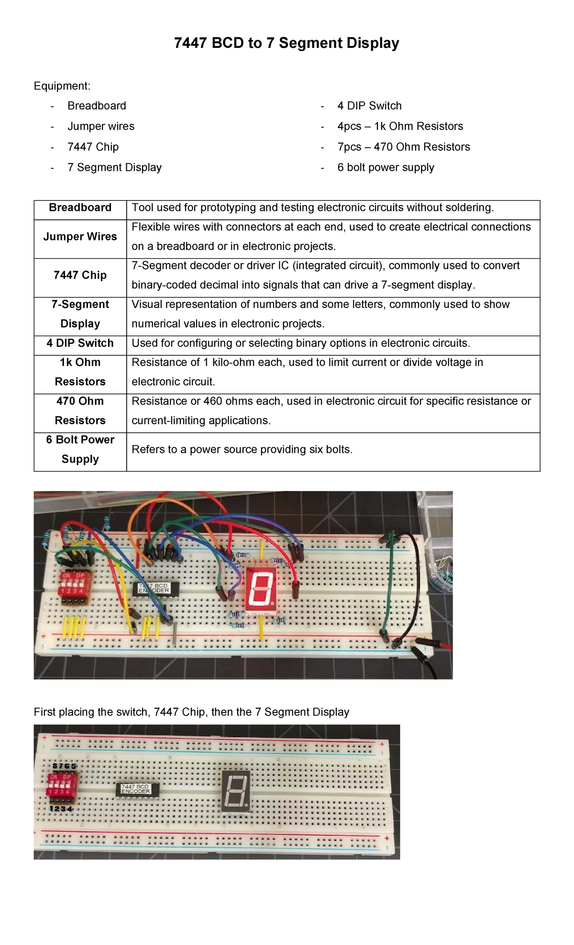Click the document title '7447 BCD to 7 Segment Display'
286,43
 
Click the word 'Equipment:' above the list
62,86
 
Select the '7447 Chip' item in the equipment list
93,147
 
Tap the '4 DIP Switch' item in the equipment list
369,106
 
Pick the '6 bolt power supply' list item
386,167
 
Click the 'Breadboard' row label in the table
80,208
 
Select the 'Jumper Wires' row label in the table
80,237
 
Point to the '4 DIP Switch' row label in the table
80,343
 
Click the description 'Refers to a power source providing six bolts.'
242,450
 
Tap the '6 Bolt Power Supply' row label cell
80,450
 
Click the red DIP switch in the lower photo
61,785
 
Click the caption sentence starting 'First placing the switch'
191,712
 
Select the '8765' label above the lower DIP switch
64,766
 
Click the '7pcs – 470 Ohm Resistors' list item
403,147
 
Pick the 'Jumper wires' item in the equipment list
101,126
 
